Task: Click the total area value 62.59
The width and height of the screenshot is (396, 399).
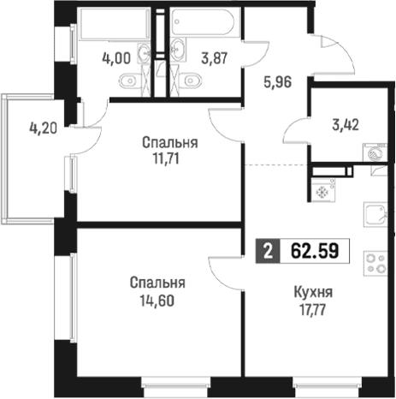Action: click(x=315, y=251)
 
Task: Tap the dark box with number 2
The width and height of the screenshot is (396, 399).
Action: click(x=268, y=251)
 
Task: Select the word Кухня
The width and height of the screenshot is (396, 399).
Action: click(x=313, y=293)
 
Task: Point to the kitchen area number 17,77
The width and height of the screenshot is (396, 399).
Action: click(x=312, y=309)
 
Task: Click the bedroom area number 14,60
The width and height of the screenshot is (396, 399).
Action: click(x=157, y=301)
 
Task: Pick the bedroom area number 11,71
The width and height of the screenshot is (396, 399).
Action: click(x=166, y=159)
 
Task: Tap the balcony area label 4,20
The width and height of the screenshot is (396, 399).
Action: click(x=44, y=128)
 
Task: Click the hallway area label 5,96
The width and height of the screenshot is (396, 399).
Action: click(x=278, y=82)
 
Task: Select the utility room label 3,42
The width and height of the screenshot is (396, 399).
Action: click(x=346, y=125)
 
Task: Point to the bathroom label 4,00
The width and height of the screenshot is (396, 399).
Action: click(x=116, y=58)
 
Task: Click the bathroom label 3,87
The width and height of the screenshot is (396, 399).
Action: click(x=215, y=58)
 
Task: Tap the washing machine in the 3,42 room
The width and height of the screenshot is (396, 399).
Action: click(x=375, y=152)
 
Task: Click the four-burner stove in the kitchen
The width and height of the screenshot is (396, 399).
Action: click(x=375, y=264)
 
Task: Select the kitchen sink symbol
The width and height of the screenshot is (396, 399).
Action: click(x=375, y=215)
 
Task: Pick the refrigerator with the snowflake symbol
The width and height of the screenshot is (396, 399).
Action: click(x=323, y=189)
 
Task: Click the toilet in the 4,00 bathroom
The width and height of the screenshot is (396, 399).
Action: click(x=130, y=80)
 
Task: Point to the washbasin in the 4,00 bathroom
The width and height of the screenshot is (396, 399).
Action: click(x=144, y=52)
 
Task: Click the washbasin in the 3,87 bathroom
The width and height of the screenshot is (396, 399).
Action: click(x=179, y=50)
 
